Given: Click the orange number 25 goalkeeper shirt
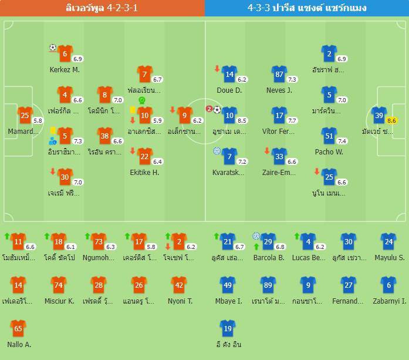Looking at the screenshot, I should [24, 116].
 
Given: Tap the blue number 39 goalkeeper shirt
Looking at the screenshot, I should [379, 116].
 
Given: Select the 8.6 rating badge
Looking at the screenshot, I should [392, 120].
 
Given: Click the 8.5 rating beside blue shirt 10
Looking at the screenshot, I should [241, 120].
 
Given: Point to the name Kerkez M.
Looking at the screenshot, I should [65, 70].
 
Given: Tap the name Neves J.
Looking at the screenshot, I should [279, 90].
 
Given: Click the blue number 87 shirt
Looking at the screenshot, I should [279, 75].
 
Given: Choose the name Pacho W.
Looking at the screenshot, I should [329, 152].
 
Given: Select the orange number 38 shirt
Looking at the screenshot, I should [104, 136].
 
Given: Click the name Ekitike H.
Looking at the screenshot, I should [144, 173].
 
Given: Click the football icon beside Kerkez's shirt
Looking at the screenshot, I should [52, 48].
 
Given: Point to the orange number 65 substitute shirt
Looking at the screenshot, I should [18, 328].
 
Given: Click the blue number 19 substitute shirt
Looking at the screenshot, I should [227, 328].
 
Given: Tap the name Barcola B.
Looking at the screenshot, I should [269, 258].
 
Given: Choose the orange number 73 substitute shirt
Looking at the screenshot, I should [98, 241].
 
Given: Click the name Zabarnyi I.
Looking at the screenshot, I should [388, 301].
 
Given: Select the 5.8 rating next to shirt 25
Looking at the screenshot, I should [38, 120].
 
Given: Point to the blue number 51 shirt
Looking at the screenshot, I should [329, 136].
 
